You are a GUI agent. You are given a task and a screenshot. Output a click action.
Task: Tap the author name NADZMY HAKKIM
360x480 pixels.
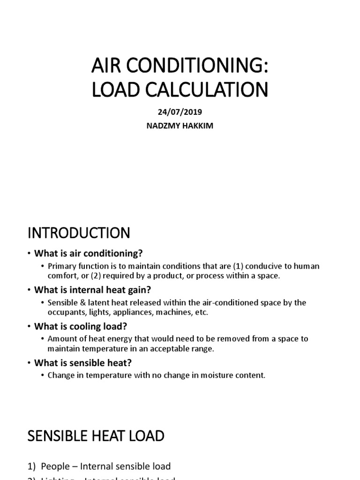coord(180,126)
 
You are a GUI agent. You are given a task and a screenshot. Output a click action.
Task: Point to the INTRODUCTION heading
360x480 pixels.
coord(79,232)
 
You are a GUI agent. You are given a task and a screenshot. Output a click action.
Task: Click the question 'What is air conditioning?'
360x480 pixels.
coord(88,254)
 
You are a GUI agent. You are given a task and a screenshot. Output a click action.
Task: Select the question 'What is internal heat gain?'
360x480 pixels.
coord(92,290)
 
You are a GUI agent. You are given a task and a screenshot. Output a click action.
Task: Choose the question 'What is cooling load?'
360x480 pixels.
coord(81,326)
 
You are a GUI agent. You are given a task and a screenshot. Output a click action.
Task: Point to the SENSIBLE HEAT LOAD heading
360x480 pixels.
coord(96,436)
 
